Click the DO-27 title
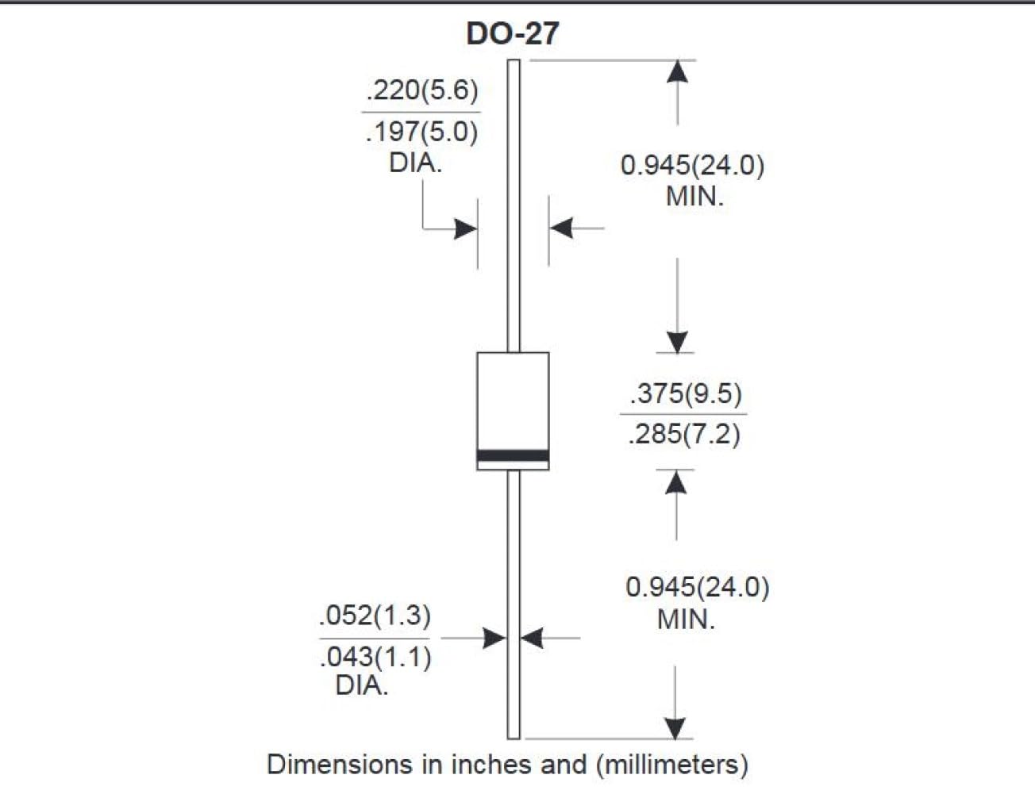[x=513, y=34]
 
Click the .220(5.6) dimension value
[x=422, y=90]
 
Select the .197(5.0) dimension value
[x=422, y=131]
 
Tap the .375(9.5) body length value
[x=686, y=393]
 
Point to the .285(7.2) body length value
[x=684, y=434]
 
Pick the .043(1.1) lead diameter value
[x=375, y=657]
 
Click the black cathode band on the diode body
[x=513, y=455]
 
